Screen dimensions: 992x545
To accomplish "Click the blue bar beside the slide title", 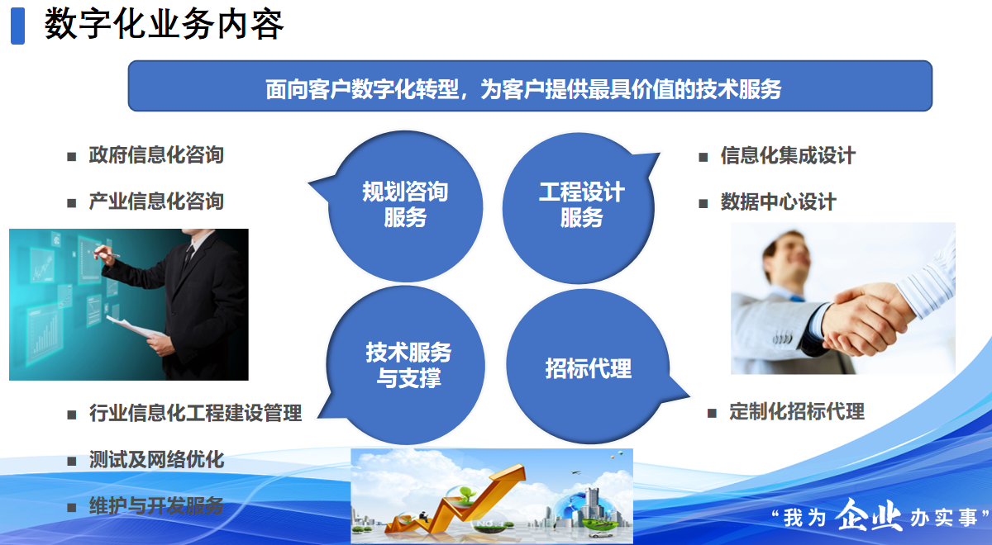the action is [x=17, y=26].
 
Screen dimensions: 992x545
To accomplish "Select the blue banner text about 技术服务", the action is [x=523, y=89].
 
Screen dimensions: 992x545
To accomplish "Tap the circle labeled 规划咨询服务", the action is [x=405, y=206].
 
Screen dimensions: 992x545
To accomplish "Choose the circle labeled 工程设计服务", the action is [x=579, y=208].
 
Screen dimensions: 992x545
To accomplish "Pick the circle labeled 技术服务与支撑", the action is [x=406, y=365].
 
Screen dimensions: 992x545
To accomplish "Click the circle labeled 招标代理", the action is [x=588, y=367].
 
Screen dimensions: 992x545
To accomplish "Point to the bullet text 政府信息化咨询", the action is [x=156, y=155].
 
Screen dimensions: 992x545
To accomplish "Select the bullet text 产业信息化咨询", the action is [x=156, y=201].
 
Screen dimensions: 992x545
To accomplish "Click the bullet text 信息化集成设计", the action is [x=788, y=156].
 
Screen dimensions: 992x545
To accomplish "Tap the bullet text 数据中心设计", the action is [x=778, y=202].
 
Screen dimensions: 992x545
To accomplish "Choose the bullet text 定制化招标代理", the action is [x=797, y=411].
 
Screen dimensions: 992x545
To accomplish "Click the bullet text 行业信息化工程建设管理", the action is [x=195, y=413].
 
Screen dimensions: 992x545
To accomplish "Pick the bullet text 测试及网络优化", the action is [x=156, y=460].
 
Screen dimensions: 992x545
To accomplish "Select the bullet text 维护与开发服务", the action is [x=156, y=506].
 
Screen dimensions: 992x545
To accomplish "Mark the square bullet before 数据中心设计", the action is [x=703, y=204].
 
